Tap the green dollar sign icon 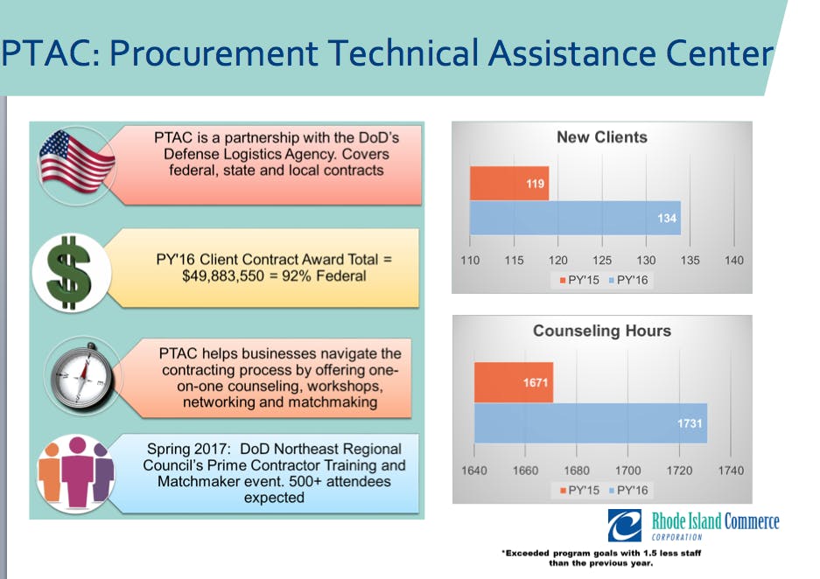pos(69,273)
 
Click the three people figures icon pos(76,472)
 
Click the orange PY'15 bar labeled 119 pos(509,184)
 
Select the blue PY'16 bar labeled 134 pos(575,218)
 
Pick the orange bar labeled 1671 pos(514,382)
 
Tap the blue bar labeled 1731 pos(591,423)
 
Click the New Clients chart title pos(602,137)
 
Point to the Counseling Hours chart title pos(602,331)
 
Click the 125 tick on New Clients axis pos(602,261)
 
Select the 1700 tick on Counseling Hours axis pos(628,471)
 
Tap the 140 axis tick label pos(733,261)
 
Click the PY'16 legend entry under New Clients pos(628,280)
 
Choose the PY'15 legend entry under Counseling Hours pos(579,490)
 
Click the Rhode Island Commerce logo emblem pos(625,526)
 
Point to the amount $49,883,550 pos(223,276)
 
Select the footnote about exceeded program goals pos(601,558)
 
